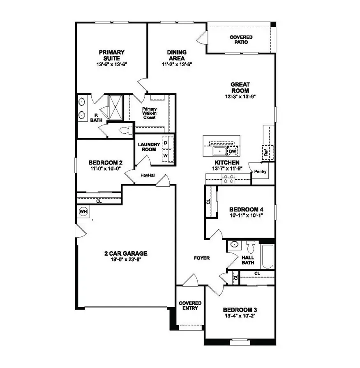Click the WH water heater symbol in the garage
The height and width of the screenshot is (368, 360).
coord(83,212)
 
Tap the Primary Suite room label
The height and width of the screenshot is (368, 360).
coord(111,55)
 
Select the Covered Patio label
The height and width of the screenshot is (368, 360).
coord(241,39)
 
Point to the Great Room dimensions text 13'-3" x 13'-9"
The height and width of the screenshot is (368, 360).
coord(240,97)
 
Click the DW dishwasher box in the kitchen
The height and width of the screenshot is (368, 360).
coord(233,152)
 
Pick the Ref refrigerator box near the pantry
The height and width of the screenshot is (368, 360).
coord(266,152)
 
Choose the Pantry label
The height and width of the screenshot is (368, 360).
coord(261,171)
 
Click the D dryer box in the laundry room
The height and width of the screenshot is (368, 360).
coord(166,142)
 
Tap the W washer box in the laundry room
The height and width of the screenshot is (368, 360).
coord(166,156)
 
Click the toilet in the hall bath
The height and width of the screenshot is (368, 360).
coord(251,247)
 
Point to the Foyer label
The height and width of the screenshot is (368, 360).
coord(202,258)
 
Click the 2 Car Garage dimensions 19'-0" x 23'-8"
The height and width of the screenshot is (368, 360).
coord(126,259)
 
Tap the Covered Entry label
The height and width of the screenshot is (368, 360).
coord(189,306)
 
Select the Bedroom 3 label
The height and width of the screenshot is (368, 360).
coord(240,310)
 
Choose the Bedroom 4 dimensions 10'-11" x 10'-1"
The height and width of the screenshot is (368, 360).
coord(244,215)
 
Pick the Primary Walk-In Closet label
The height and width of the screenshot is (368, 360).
coord(149,113)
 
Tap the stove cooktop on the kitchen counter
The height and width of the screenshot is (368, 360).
coord(228,179)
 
